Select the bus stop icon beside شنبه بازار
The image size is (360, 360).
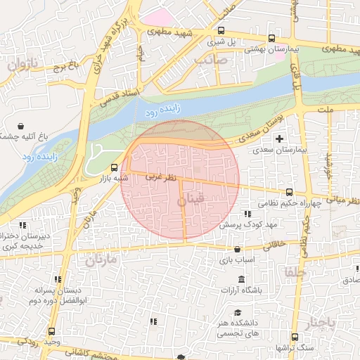[115, 167]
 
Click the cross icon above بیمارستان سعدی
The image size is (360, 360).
[281, 138]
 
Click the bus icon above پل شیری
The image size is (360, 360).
[222, 31]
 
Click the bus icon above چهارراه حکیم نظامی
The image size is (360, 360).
[290, 192]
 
